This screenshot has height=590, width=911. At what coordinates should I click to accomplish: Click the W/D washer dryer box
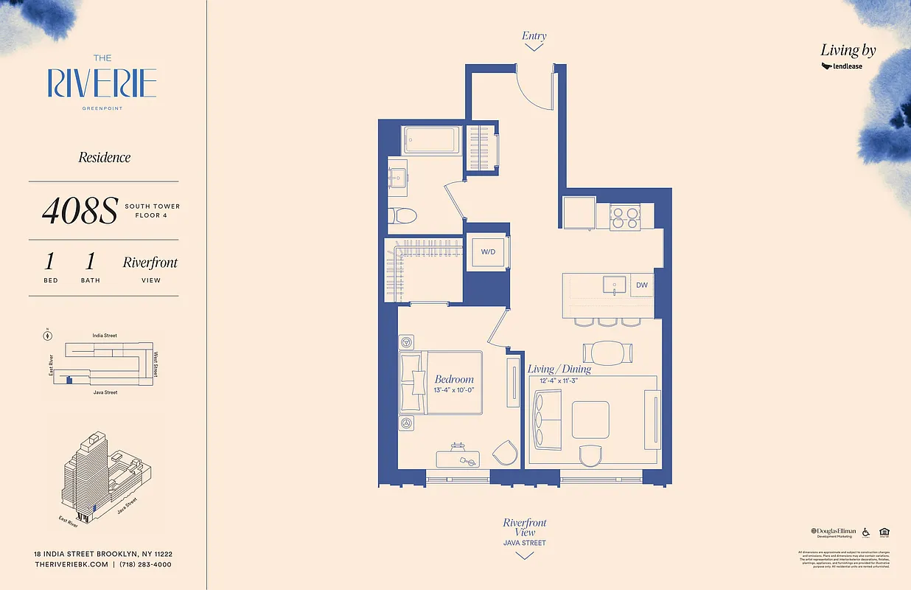click(x=487, y=252)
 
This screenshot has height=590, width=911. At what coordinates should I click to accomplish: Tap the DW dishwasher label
click(x=641, y=285)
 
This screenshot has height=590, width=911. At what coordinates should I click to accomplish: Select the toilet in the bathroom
click(x=402, y=215)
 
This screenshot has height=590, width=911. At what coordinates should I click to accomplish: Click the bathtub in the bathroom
click(x=431, y=139)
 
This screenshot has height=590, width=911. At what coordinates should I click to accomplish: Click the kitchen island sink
click(x=614, y=284)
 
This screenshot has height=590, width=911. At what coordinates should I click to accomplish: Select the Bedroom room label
click(x=454, y=379)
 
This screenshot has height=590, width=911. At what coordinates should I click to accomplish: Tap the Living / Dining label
click(x=559, y=369)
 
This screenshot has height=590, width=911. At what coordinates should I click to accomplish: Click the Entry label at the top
click(x=534, y=35)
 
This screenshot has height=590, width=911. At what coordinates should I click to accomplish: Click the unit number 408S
click(x=80, y=212)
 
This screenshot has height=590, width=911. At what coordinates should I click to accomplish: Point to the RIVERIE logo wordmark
click(x=102, y=83)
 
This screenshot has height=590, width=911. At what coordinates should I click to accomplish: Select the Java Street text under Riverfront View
click(x=525, y=543)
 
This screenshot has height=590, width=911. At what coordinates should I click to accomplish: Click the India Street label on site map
click(x=105, y=336)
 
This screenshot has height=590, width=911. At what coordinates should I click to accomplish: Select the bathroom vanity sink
click(x=400, y=176)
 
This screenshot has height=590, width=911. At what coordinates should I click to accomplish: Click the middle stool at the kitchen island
click(x=608, y=322)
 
